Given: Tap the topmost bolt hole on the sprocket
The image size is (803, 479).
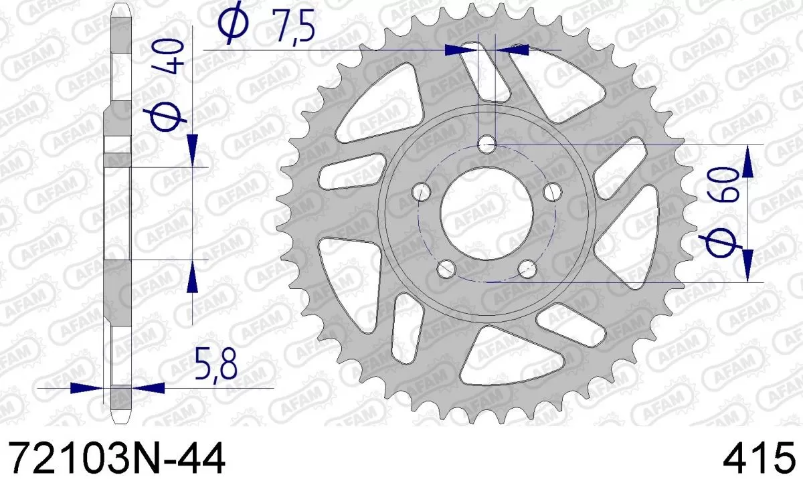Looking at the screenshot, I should tap(487, 143).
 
